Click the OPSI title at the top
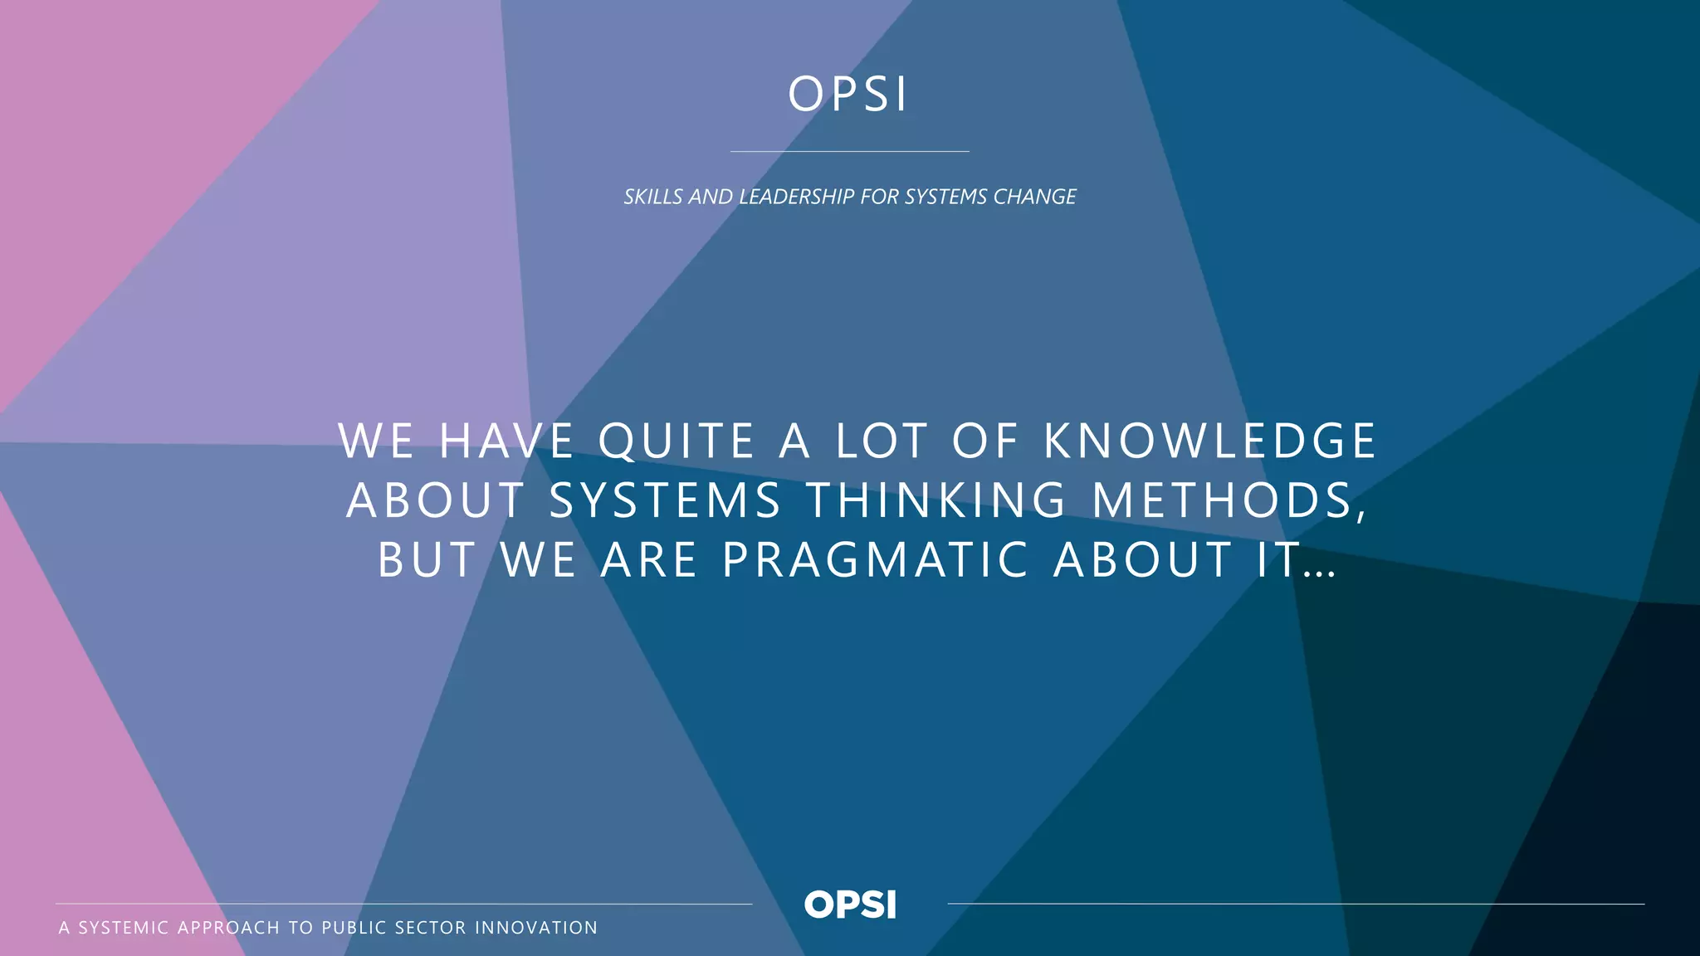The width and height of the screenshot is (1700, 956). coord(848,94)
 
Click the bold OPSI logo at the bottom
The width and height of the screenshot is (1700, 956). coord(850,905)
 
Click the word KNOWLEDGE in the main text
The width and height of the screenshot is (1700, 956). coord(1209,441)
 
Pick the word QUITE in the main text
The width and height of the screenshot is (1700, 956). coord(677,441)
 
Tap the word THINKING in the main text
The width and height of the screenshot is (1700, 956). coord(937,500)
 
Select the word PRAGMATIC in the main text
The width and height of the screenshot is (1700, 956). coord(876,560)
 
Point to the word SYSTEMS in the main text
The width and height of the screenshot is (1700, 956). coord(665,500)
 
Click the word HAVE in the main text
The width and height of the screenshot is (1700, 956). coord(506,441)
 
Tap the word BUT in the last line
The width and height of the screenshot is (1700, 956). coord(427,560)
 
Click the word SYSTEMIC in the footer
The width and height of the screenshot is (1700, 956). coord(124,928)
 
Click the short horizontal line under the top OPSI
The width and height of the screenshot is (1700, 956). coord(849,151)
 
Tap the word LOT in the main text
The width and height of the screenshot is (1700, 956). coord(881,441)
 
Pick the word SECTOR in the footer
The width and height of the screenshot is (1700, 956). coord(431,928)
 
